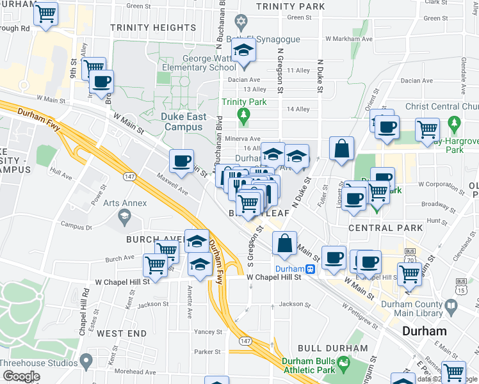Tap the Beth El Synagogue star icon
241,22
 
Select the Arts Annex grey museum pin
125,219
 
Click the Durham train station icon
310,269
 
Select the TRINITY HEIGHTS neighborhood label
152,28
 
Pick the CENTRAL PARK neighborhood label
386,228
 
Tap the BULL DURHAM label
333,349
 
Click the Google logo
20,376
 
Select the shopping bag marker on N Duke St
342,148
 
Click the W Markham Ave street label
349,38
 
